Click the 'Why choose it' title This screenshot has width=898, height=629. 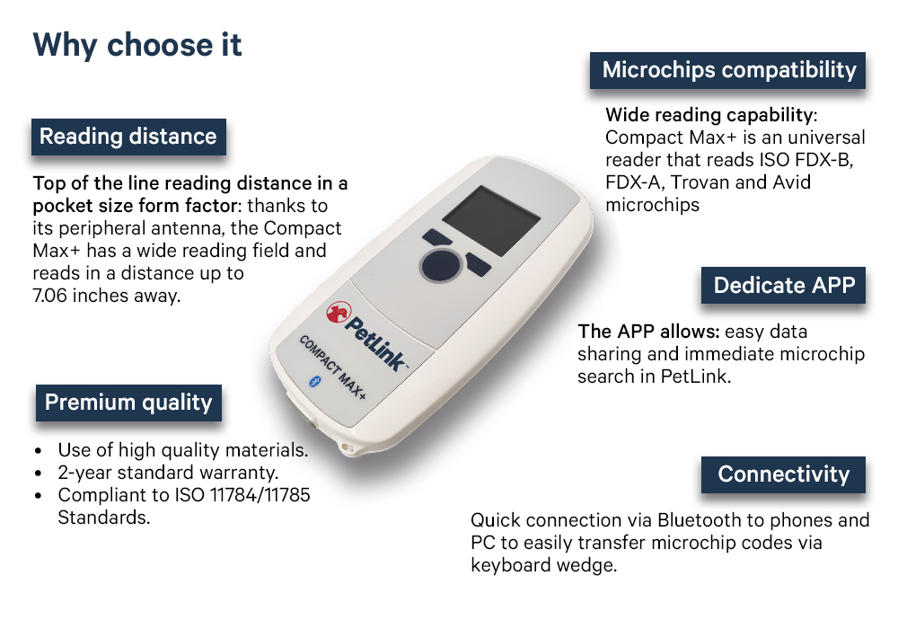click(x=137, y=45)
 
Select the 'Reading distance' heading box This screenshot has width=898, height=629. click(x=128, y=137)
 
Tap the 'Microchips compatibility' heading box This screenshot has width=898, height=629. click(x=728, y=70)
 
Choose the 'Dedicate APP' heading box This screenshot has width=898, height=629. click(x=783, y=285)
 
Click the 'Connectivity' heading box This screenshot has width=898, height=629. click(x=783, y=475)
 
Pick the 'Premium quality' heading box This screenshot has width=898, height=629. click(x=128, y=403)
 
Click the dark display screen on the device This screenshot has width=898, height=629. click(x=491, y=220)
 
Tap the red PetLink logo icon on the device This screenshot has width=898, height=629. click(x=338, y=312)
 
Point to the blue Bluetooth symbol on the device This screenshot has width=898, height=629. click(x=314, y=382)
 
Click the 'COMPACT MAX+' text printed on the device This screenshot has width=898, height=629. click(x=333, y=368)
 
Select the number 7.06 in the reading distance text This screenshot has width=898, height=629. click(x=49, y=296)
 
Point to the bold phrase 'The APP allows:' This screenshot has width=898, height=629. click(x=648, y=332)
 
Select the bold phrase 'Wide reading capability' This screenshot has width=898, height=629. click(x=709, y=115)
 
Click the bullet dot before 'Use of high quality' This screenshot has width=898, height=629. click(x=39, y=451)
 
